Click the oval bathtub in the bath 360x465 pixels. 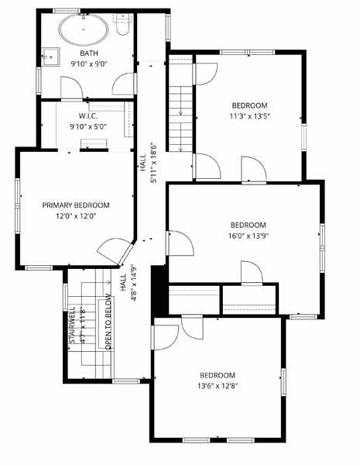[x=84, y=29]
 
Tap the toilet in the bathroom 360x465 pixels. [x=123, y=25]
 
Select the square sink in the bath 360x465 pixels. [x=50, y=57]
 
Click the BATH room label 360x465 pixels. [x=89, y=53]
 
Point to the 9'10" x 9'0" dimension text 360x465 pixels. [x=89, y=64]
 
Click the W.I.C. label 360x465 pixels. [x=88, y=115]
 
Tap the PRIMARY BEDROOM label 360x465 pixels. [x=76, y=205]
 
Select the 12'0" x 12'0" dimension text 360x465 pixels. [x=77, y=216]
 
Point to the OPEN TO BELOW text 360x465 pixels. [x=108, y=321]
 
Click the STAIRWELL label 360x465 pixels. [x=72, y=325]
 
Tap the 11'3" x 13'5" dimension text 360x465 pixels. [x=250, y=116]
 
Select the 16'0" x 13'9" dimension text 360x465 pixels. [x=249, y=236]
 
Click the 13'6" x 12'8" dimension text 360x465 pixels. [x=218, y=386]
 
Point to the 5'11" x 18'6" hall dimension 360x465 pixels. [x=153, y=163]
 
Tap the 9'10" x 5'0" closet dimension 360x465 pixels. [x=88, y=126]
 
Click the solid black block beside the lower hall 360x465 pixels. [x=159, y=291]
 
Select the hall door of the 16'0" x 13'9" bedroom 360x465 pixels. [x=180, y=243]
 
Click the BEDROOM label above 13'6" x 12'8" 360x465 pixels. [x=218, y=375]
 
